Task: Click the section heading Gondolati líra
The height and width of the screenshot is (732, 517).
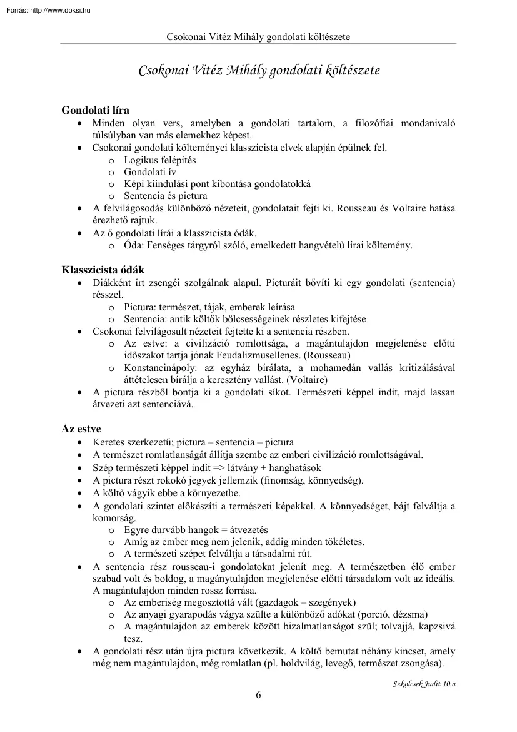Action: point(95,111)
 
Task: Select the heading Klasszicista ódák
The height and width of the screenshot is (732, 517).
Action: point(103,270)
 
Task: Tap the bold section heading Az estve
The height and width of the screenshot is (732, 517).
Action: point(81,429)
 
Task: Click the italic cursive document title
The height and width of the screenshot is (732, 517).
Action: point(258,70)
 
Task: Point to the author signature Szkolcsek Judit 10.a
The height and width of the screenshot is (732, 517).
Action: point(420,684)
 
